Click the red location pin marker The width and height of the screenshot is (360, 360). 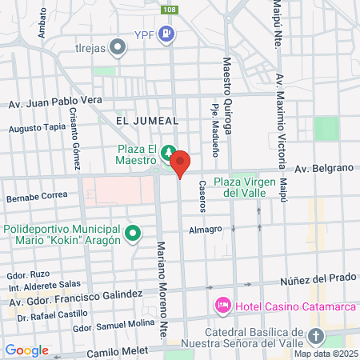[x=180, y=163]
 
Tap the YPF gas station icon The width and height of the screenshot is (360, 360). [x=166, y=34]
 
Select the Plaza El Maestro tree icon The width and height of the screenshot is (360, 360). [x=169, y=152]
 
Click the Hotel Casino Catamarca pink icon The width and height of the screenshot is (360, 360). [x=222, y=306]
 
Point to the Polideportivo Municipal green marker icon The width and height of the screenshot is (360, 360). [x=134, y=234]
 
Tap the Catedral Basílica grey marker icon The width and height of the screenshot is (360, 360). [x=318, y=335]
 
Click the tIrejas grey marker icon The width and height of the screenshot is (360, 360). [x=119, y=46]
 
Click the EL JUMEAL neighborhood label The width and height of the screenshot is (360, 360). [x=146, y=120]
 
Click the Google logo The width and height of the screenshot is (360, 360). [x=26, y=350]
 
